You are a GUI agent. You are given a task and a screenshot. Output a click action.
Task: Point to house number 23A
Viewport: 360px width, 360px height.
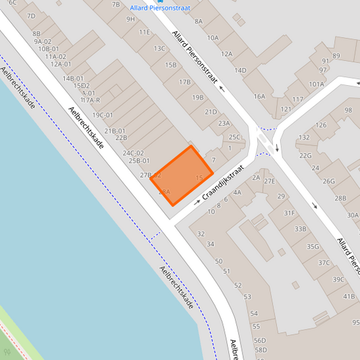coord(224,124)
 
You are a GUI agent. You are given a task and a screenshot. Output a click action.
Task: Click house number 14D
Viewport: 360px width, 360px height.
coord(240,70)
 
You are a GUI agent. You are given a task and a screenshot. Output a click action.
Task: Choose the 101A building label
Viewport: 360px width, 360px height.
coord(316,84)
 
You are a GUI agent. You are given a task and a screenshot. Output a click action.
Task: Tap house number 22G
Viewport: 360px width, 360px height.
coord(305,155)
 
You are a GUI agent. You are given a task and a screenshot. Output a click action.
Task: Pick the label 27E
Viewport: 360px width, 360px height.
coord(269,181)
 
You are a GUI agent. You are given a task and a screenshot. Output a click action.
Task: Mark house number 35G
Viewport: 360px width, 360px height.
coord(313,247)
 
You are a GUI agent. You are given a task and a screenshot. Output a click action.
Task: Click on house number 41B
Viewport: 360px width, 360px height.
coord(349,296)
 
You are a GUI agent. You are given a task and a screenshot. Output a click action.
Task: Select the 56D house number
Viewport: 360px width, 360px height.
coord(260,340)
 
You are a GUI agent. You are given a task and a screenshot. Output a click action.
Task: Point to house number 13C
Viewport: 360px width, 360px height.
coord(159,49)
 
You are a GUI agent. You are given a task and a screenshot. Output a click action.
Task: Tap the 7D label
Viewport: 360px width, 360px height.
coord(30,16)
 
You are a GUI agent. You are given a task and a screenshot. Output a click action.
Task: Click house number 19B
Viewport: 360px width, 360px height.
coord(197,97)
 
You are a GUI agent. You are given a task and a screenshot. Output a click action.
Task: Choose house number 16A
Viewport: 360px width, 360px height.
coord(259,97)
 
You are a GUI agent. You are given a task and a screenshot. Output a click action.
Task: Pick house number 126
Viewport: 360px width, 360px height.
coord(321,125)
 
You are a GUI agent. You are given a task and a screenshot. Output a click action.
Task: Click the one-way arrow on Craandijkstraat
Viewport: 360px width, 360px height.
coord(197,202)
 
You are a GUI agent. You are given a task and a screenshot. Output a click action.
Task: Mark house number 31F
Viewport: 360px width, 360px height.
coord(289,213)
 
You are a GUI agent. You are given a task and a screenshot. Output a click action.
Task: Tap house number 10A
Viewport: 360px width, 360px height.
coord(213,38)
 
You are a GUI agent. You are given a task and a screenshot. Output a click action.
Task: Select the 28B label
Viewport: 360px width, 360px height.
coord(340,199)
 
